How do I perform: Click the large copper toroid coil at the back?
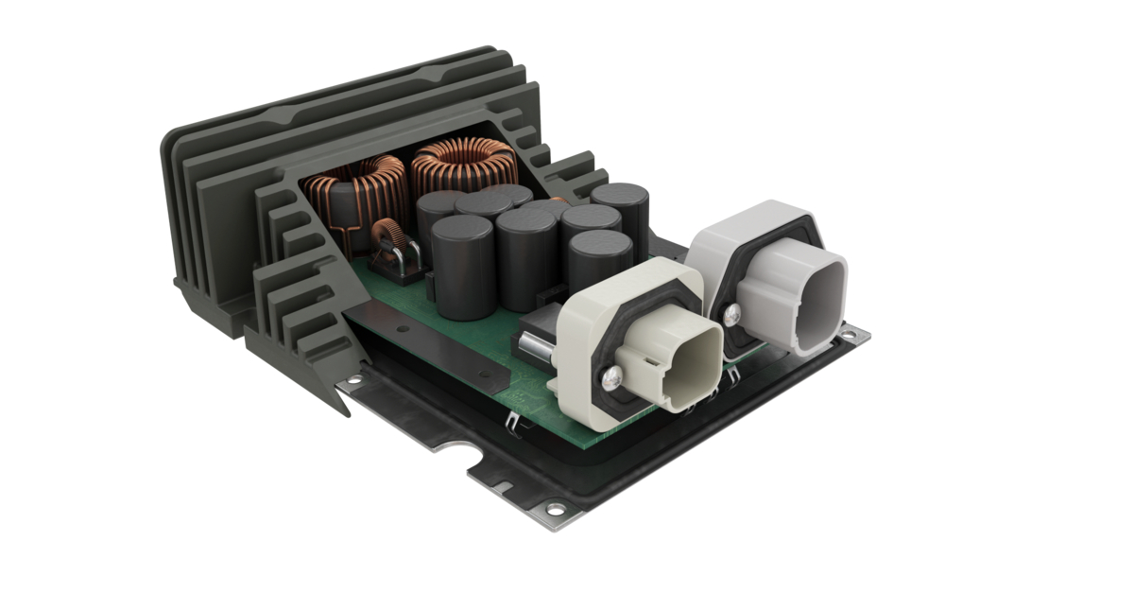(x=462, y=166)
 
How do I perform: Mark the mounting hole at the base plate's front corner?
(x=555, y=510)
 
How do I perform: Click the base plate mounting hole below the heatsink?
(x=353, y=380)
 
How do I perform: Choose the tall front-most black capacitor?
(x=462, y=265)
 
